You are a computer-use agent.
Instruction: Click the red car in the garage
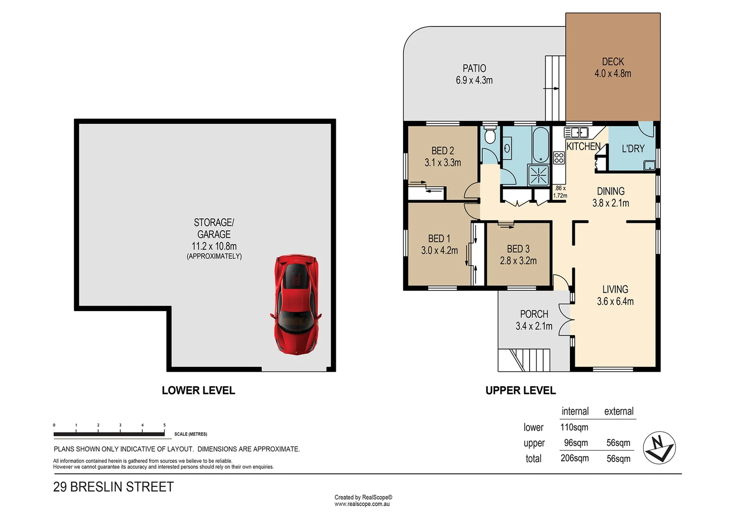[x=295, y=305]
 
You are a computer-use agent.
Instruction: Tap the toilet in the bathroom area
[x=490, y=136]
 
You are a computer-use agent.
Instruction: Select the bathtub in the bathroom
[x=541, y=145]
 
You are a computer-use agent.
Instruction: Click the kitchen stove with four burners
[x=558, y=158]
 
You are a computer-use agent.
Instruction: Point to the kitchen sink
[x=576, y=132]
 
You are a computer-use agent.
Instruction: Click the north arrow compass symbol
[x=659, y=448]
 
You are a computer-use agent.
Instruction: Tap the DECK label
[x=613, y=62]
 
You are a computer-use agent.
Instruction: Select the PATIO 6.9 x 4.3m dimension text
[x=474, y=80]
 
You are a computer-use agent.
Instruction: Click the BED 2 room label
[x=443, y=151]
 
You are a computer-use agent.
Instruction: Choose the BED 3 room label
[x=518, y=249]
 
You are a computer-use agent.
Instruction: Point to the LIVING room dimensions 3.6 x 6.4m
[x=615, y=301]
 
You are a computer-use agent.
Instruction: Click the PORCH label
[x=534, y=314]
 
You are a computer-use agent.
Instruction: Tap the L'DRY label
[x=633, y=149]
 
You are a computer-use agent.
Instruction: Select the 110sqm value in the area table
[x=574, y=427]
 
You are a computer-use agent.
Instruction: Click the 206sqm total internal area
[x=574, y=458]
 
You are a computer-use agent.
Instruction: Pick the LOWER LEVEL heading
[x=198, y=390]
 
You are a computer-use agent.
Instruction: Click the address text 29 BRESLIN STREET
[x=114, y=487]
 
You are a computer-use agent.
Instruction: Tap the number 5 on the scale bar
[x=165, y=425]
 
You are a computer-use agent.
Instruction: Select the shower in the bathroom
[x=538, y=175]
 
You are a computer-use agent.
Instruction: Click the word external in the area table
[x=619, y=411]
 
